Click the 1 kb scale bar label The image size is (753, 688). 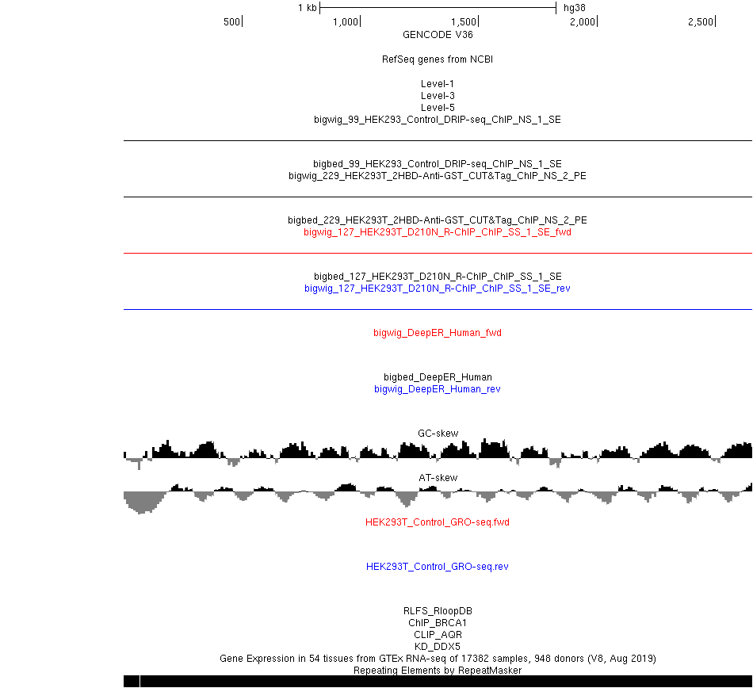tap(308, 8)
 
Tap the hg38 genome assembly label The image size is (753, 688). tap(575, 8)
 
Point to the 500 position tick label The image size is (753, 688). tap(231, 21)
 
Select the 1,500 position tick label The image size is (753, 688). tap(464, 21)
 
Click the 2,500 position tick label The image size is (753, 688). tap(701, 21)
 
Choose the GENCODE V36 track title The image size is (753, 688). tap(438, 35)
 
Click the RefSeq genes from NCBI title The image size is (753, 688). tap(438, 59)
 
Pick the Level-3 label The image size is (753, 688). tap(438, 96)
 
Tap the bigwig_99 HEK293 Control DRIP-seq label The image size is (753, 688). tap(438, 120)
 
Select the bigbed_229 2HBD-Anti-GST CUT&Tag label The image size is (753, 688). tap(438, 220)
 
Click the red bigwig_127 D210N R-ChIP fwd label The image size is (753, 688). tap(438, 232)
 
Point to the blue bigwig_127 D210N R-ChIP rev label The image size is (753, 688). tap(438, 288)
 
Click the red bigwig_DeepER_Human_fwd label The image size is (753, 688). tap(438, 333)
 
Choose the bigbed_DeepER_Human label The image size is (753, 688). tap(438, 376)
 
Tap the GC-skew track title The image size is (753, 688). tap(438, 433)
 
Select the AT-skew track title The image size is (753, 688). tap(438, 478)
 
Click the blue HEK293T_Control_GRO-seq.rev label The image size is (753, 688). tap(438, 567)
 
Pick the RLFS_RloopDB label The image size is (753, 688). tap(438, 610)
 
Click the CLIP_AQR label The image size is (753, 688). tap(438, 635)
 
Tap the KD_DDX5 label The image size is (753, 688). tap(438, 647)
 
